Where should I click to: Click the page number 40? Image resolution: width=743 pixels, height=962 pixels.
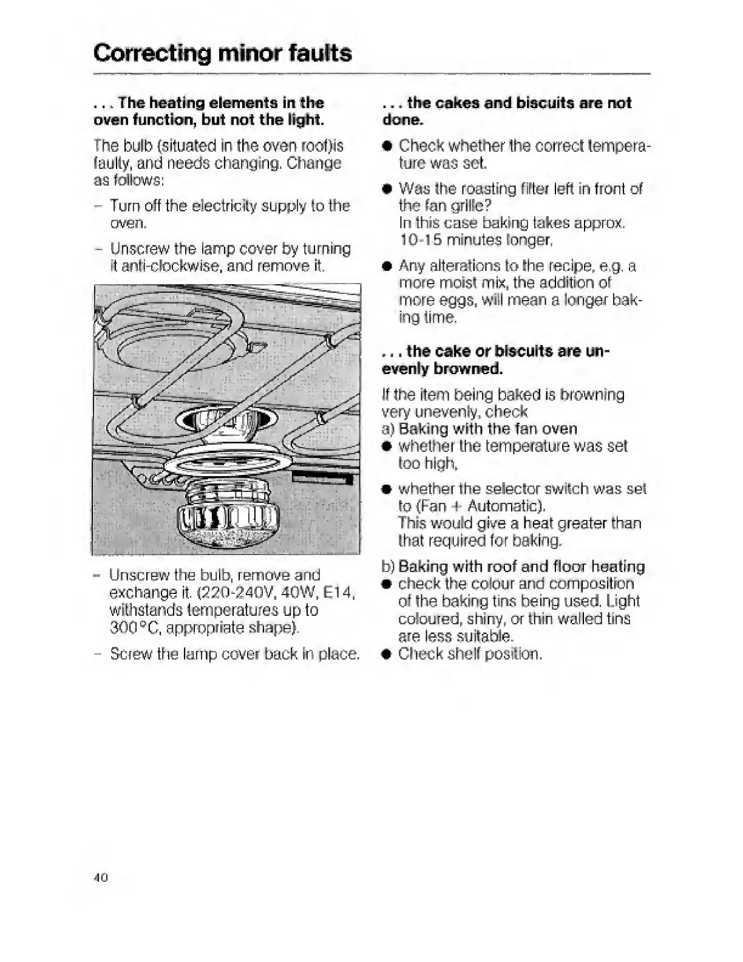[x=101, y=878]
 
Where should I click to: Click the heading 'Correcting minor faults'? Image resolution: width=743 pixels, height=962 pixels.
[x=223, y=53]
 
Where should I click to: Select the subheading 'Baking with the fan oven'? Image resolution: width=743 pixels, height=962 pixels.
[x=488, y=429]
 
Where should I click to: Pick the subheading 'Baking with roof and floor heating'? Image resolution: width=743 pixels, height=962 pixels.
[x=521, y=567]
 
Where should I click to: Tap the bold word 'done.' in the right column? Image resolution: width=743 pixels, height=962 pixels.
[x=402, y=120]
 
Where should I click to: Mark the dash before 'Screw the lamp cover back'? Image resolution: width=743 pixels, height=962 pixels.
[x=99, y=654]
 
